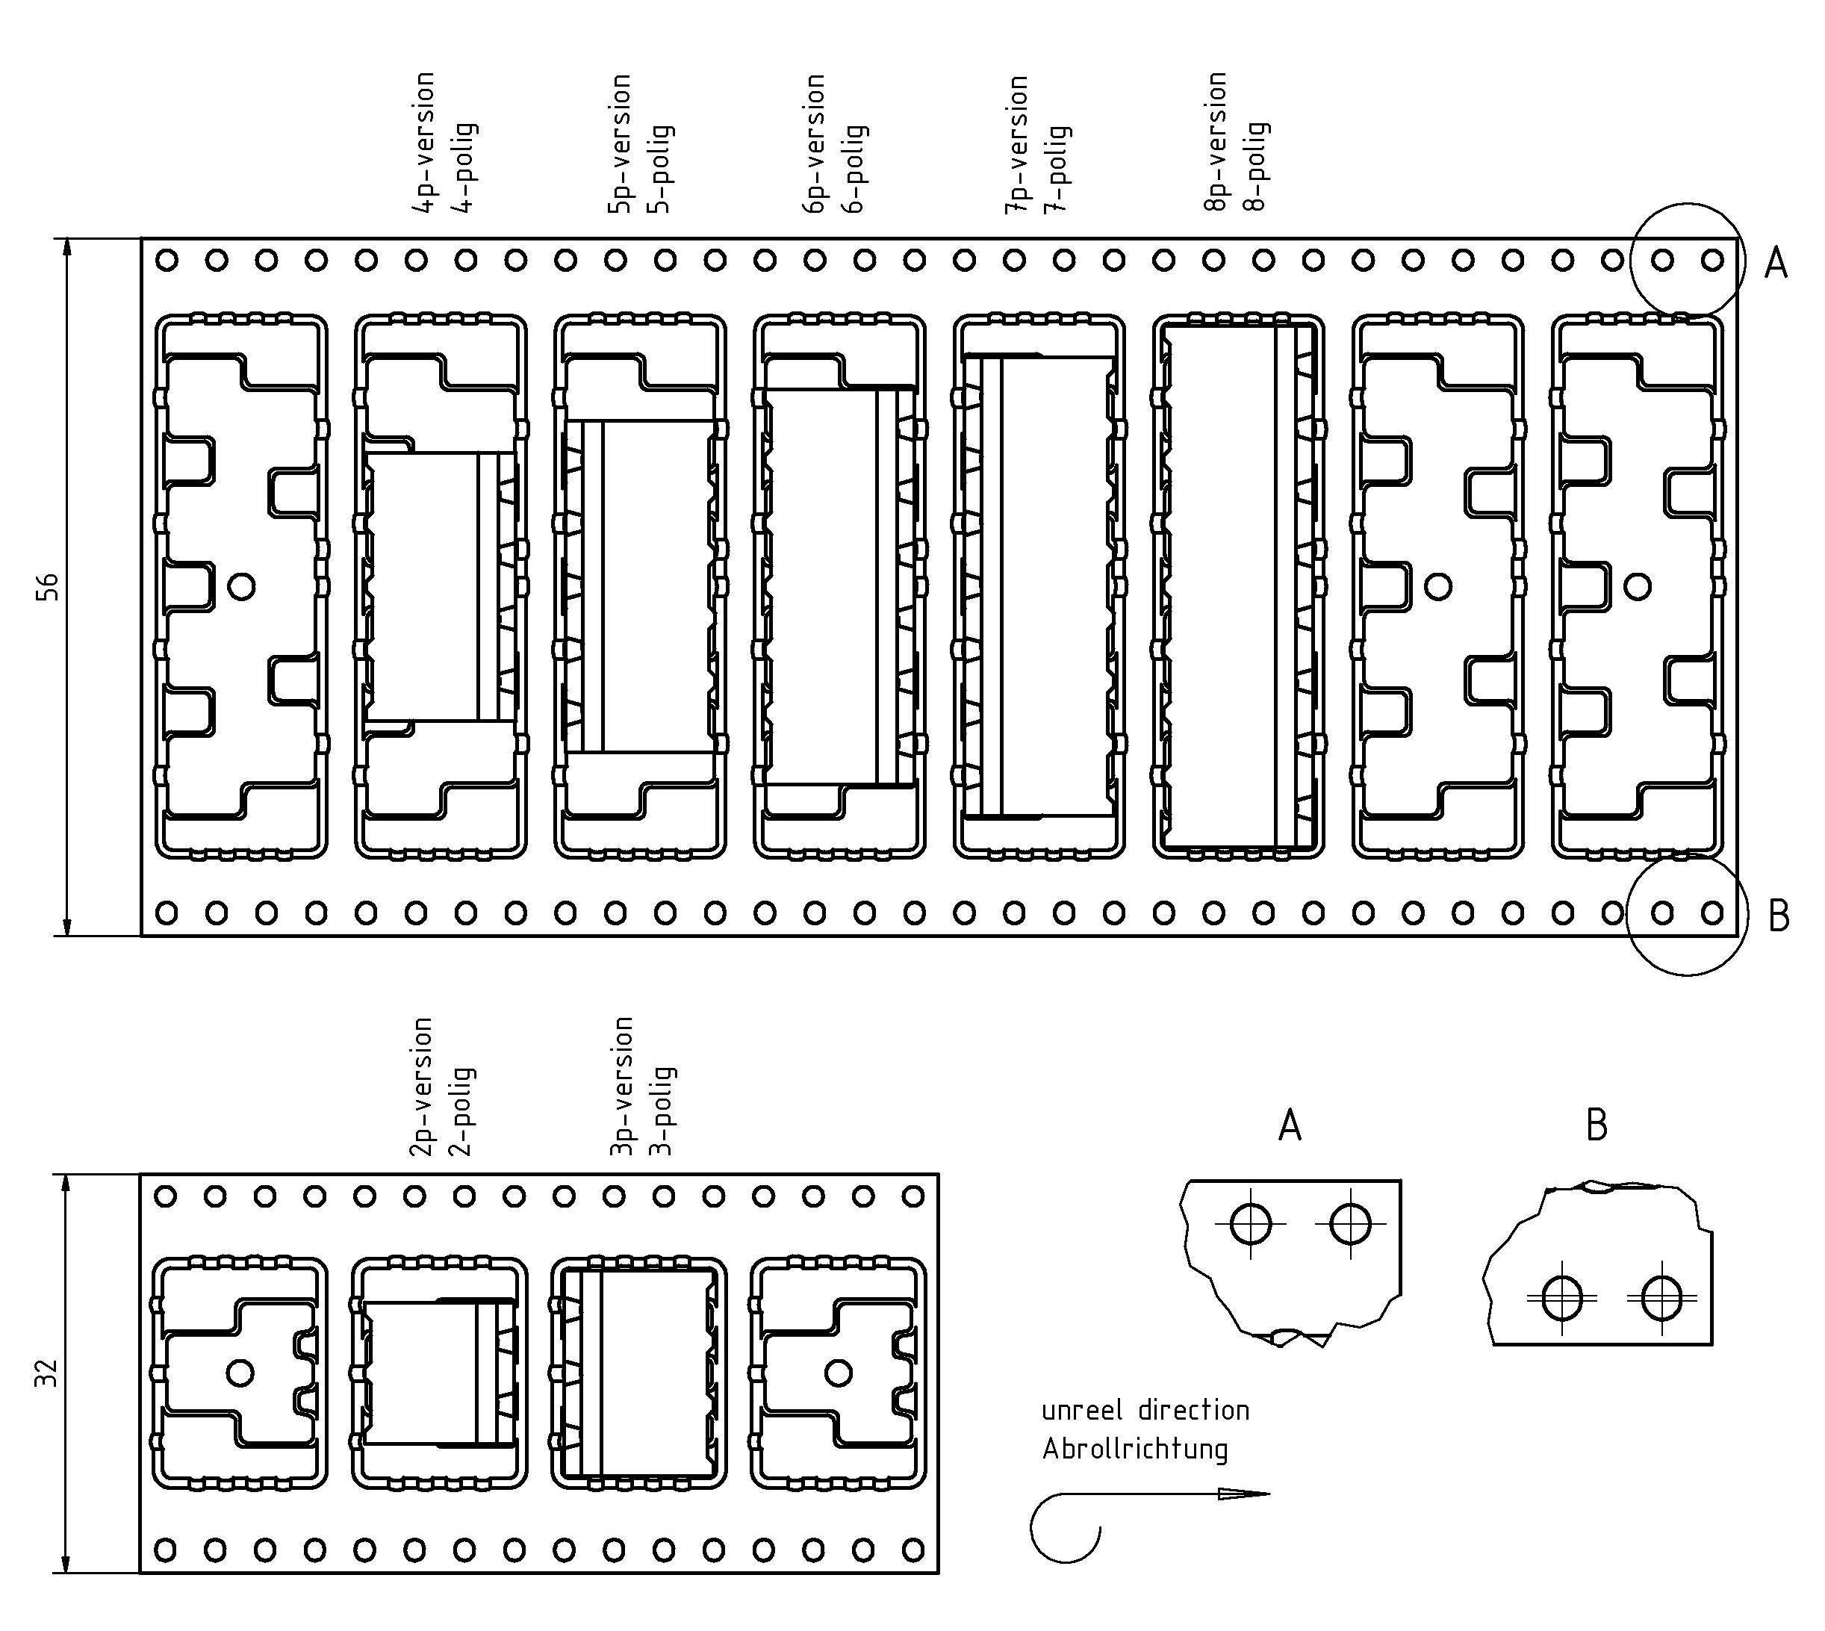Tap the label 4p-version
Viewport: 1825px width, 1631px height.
point(424,143)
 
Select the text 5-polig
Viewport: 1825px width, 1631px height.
point(664,169)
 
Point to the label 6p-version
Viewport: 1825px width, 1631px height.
point(813,143)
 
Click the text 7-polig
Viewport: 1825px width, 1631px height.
point(1060,169)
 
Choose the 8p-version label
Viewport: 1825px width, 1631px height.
point(1215,142)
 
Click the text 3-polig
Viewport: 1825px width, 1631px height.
point(664,1111)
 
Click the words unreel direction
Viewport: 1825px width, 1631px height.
point(1145,1411)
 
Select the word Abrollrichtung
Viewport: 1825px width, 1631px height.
point(1134,1449)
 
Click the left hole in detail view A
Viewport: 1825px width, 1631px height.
point(1251,1223)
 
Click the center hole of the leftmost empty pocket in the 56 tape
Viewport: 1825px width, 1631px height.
point(242,586)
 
